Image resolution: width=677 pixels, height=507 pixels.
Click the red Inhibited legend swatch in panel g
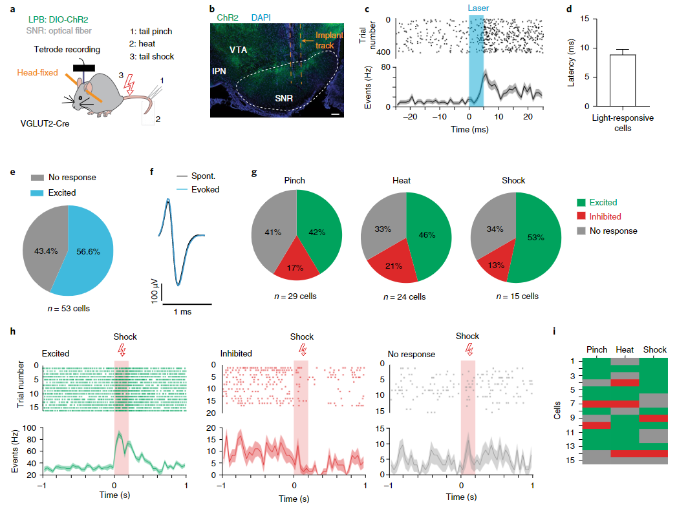click(x=581, y=216)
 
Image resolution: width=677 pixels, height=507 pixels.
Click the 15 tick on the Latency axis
click(x=584, y=19)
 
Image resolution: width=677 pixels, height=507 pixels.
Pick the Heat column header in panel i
click(x=625, y=350)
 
